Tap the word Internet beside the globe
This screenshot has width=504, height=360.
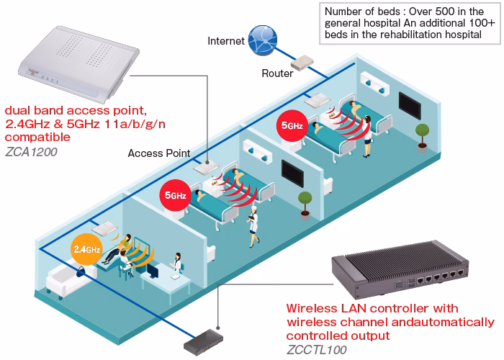click(225, 40)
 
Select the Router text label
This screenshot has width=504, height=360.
click(276, 73)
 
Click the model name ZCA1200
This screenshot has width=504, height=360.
click(32, 153)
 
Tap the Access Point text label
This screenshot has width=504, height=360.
click(158, 153)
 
